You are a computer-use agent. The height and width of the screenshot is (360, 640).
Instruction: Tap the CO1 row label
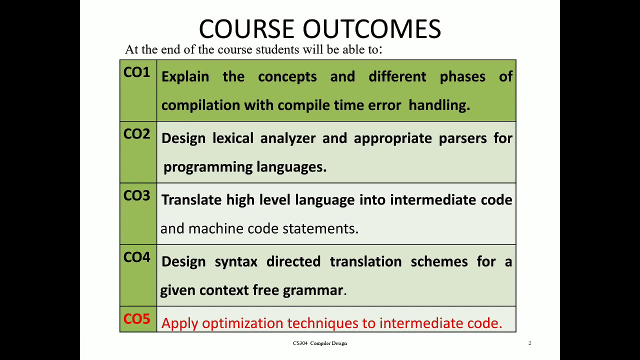pyautogui.click(x=136, y=73)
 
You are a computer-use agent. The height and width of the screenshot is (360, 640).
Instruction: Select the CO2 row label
pyautogui.click(x=136, y=134)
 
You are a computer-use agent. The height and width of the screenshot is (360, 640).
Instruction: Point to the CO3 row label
pyautogui.click(x=136, y=196)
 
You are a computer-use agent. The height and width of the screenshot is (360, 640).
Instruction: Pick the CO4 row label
pyautogui.click(x=136, y=257)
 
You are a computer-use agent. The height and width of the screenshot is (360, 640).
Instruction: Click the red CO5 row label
pyautogui.click(x=136, y=319)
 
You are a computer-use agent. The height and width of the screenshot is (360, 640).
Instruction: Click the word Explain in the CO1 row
pyautogui.click(x=185, y=77)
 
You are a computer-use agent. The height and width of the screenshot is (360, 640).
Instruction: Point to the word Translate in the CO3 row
pyautogui.click(x=191, y=200)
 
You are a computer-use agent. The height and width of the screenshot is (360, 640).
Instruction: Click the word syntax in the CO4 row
pyautogui.click(x=235, y=261)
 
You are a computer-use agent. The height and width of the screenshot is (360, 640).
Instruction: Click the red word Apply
pyautogui.click(x=180, y=323)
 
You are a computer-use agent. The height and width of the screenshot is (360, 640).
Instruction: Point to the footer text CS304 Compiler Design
pyautogui.click(x=319, y=343)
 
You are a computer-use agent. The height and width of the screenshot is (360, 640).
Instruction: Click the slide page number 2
pyautogui.click(x=529, y=343)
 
